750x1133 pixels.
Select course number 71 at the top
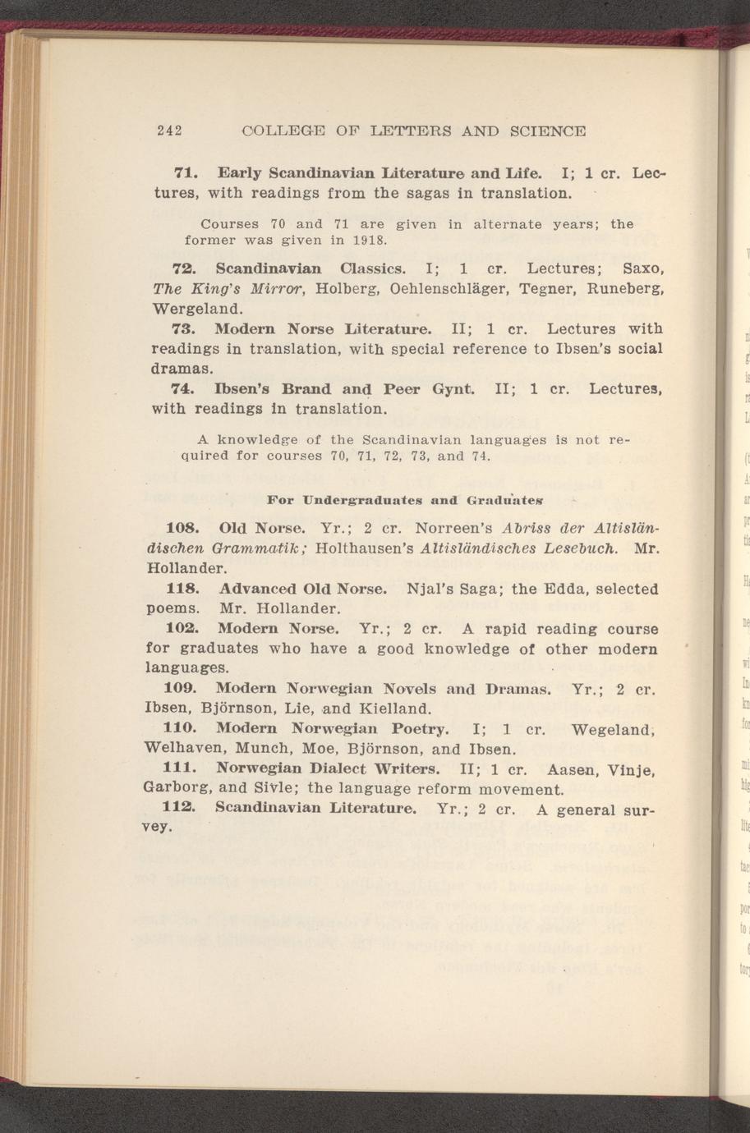pyautogui.click(x=183, y=174)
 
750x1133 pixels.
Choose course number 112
pyautogui.click(x=178, y=810)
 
